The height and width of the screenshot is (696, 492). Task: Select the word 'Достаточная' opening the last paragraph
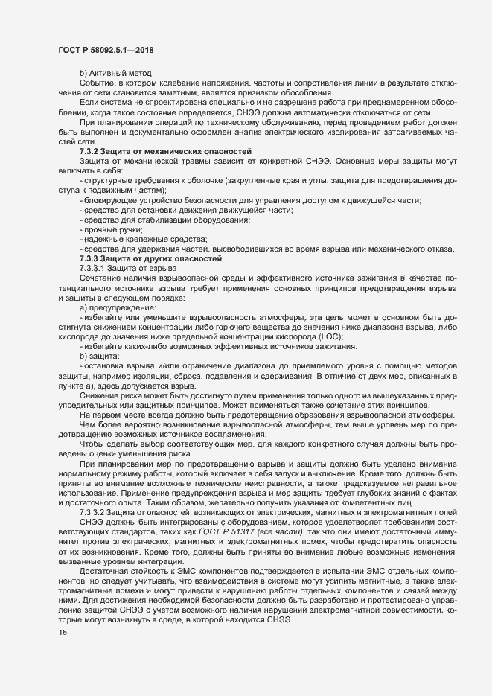point(103,593)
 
